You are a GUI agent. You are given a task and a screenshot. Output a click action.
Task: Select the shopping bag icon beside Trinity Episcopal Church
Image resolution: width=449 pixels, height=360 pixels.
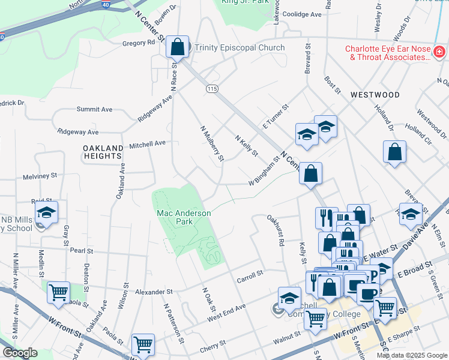(178, 46)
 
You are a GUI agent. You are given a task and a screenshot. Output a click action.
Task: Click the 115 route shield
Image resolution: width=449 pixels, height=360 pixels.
(211, 89)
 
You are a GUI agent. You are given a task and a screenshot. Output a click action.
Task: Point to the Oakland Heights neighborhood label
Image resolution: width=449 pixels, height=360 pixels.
(102, 152)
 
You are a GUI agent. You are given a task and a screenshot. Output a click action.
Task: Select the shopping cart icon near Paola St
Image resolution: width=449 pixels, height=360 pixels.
(58, 293)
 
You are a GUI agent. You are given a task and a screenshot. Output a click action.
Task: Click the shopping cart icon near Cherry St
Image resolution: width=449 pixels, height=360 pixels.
(143, 344)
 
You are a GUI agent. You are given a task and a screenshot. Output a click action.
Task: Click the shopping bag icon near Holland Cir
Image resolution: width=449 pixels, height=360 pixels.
(395, 152)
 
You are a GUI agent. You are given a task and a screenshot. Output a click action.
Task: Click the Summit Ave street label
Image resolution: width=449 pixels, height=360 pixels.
(94, 109)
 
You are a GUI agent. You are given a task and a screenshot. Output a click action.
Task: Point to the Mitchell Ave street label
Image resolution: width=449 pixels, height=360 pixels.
(147, 143)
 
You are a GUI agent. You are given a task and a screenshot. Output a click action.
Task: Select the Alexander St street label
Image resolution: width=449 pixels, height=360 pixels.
(153, 292)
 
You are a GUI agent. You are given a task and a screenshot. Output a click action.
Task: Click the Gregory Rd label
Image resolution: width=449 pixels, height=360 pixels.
(139, 43)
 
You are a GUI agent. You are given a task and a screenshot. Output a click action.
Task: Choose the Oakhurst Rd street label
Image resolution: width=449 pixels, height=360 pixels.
(279, 231)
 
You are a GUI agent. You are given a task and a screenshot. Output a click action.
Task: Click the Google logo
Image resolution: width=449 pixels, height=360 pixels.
(20, 353)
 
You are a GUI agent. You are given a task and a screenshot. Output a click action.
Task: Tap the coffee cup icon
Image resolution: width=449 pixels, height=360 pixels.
(367, 293)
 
